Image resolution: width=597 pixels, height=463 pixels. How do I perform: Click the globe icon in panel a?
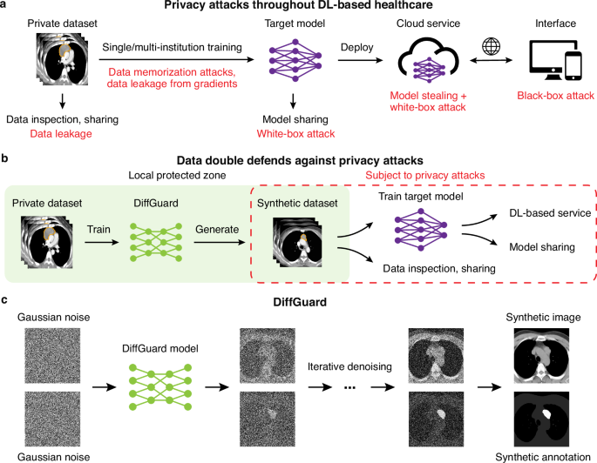point(488,42)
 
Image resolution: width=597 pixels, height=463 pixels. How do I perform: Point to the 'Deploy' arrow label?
point(359,45)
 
